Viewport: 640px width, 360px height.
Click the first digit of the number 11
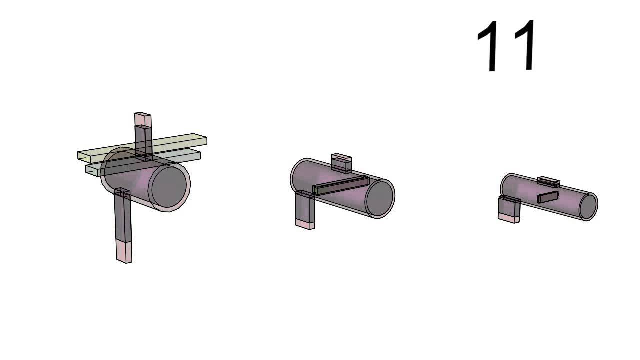click(489, 45)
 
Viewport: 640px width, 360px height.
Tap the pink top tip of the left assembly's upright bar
click(143, 119)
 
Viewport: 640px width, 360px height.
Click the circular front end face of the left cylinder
click(169, 187)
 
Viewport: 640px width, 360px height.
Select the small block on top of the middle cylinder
click(341, 163)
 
